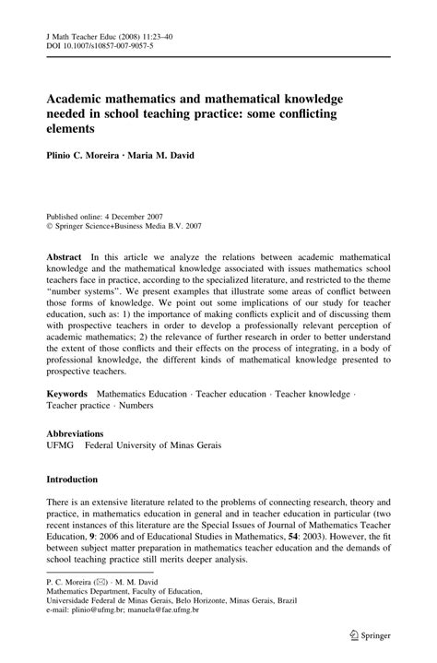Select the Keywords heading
pos(68,394)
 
